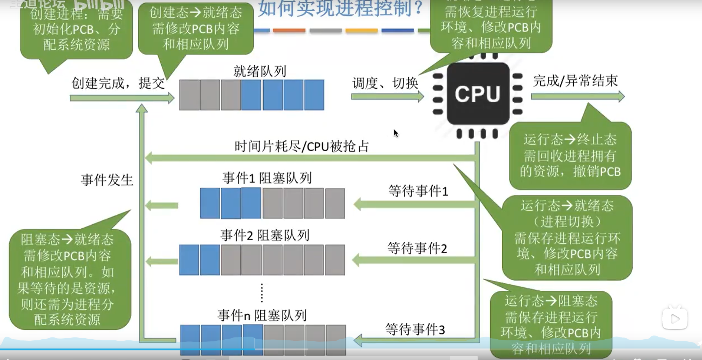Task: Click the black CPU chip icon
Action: pyautogui.click(x=478, y=94)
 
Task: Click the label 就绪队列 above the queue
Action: pyautogui.click(x=260, y=71)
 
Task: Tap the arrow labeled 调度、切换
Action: pyautogui.click(x=387, y=97)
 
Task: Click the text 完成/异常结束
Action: pyautogui.click(x=575, y=80)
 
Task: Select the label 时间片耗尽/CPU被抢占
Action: pyautogui.click(x=301, y=146)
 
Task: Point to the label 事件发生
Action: pyautogui.click(x=107, y=180)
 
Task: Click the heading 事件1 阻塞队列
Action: pyautogui.click(x=267, y=178)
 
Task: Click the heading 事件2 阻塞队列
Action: pyautogui.click(x=265, y=235)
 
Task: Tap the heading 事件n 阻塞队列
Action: pyautogui.click(x=262, y=316)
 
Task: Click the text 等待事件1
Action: pyautogui.click(x=418, y=191)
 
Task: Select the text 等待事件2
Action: pyautogui.click(x=417, y=248)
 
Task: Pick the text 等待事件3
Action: pyautogui.click(x=415, y=329)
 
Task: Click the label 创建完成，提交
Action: pyautogui.click(x=118, y=83)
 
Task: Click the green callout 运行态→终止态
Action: pyautogui.click(x=570, y=156)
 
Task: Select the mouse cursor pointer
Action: pyautogui.click(x=396, y=133)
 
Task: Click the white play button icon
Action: pyautogui.click(x=675, y=318)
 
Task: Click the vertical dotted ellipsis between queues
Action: pyautogui.click(x=262, y=293)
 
